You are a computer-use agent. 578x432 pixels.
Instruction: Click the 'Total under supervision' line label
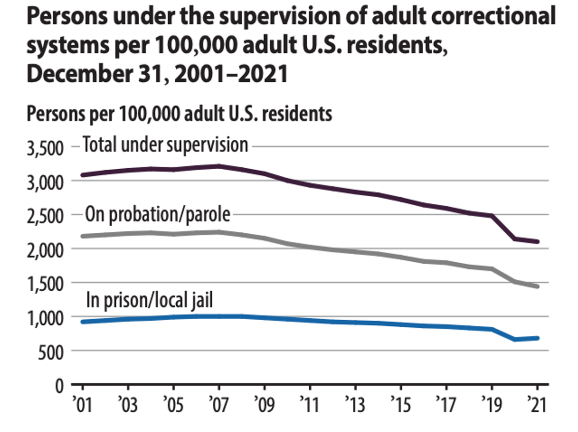[x=165, y=145]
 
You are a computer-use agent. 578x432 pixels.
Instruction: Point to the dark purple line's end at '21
[x=537, y=241]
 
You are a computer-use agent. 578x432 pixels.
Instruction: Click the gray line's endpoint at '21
[x=537, y=287]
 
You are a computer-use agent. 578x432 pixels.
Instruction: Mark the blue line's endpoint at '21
[x=537, y=338]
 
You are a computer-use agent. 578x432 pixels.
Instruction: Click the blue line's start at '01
[x=83, y=322]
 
